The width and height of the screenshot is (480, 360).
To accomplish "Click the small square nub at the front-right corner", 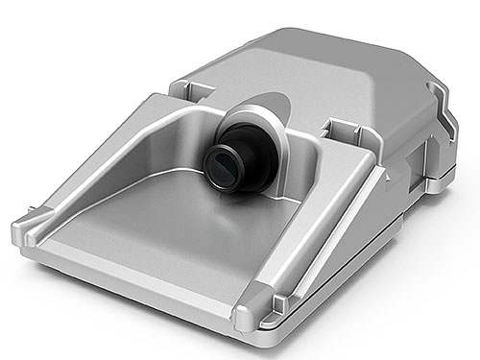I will [x=277, y=304].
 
